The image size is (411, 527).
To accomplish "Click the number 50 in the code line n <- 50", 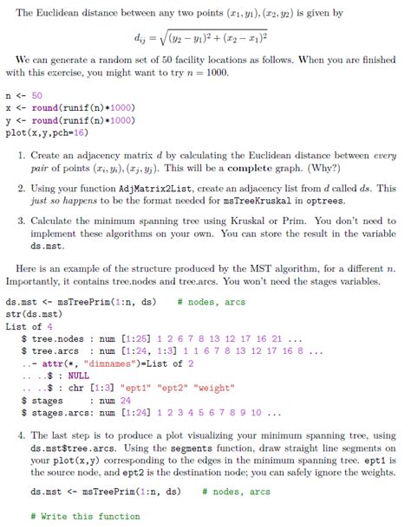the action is click(37, 95).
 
